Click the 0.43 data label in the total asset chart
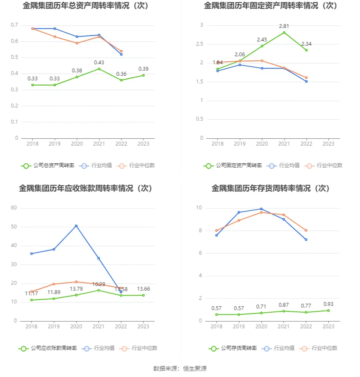click(x=99, y=63)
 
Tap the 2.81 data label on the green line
click(x=284, y=26)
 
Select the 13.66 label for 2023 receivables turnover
click(x=143, y=289)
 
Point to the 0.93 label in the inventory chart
click(x=328, y=304)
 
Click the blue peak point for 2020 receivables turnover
click(x=76, y=226)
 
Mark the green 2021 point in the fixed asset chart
click(x=284, y=33)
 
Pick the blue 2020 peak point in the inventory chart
click(x=261, y=209)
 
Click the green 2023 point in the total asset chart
click(x=143, y=75)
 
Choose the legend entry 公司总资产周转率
click(x=47, y=165)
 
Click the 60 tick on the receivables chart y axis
click(x=14, y=208)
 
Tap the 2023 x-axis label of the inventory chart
click(x=328, y=326)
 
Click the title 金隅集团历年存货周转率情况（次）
click(x=271, y=188)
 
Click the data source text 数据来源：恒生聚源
click(x=180, y=369)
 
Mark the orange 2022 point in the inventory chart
click(x=306, y=231)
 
